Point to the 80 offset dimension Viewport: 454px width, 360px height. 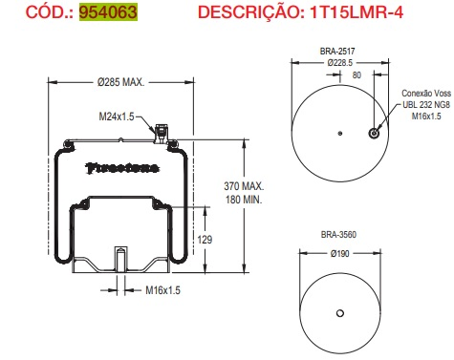tap(357, 74)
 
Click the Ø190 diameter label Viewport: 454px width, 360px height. tap(339, 254)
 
